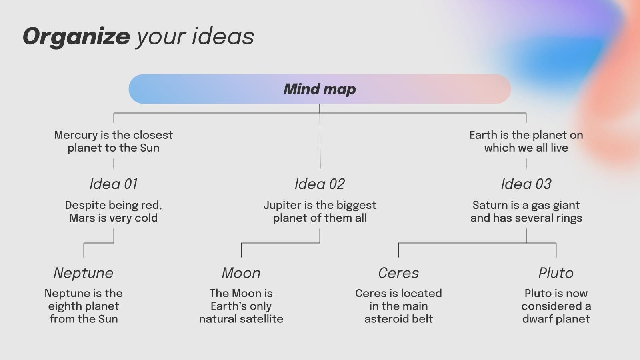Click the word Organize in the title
click(x=76, y=37)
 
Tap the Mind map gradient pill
click(x=320, y=89)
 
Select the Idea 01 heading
click(x=114, y=184)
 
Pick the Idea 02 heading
click(x=320, y=184)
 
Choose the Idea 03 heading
click(x=526, y=184)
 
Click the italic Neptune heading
click(x=84, y=273)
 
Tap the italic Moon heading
click(x=241, y=273)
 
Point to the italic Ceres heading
click(x=398, y=273)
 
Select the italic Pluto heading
click(x=556, y=273)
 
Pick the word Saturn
click(x=490, y=205)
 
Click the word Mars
click(x=82, y=218)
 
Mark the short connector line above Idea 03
click(x=526, y=164)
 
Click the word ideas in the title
click(x=223, y=37)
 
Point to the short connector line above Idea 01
click(x=114, y=164)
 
